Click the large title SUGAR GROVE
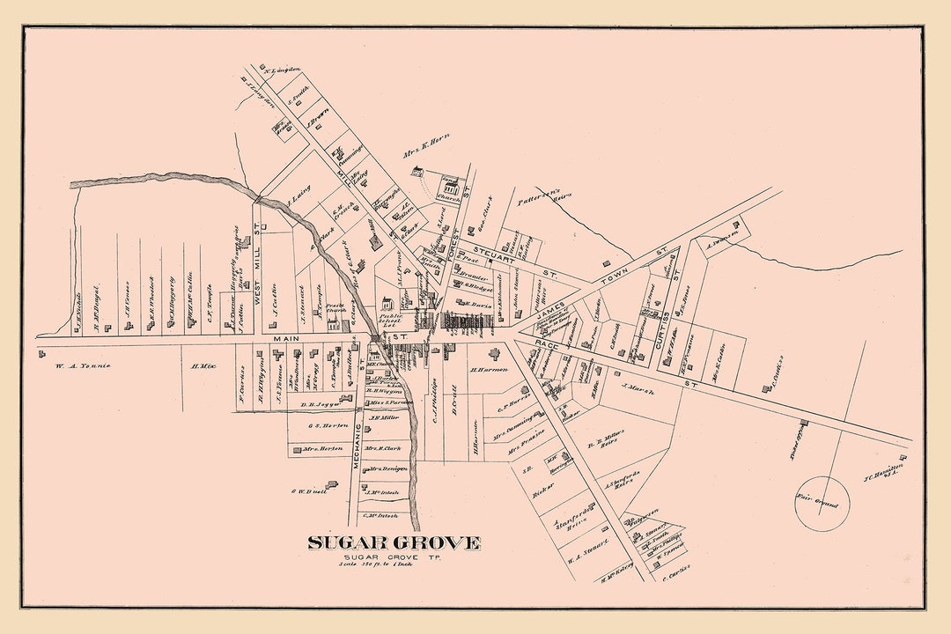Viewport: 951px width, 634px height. coord(394,542)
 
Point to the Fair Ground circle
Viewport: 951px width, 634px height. coord(822,504)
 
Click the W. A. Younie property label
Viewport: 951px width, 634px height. coord(81,365)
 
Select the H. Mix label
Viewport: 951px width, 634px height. coord(203,365)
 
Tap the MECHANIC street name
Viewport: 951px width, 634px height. coord(359,440)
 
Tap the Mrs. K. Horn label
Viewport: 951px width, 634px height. coord(426,154)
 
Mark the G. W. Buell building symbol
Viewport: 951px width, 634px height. coord(331,484)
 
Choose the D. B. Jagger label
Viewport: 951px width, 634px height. coord(321,404)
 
